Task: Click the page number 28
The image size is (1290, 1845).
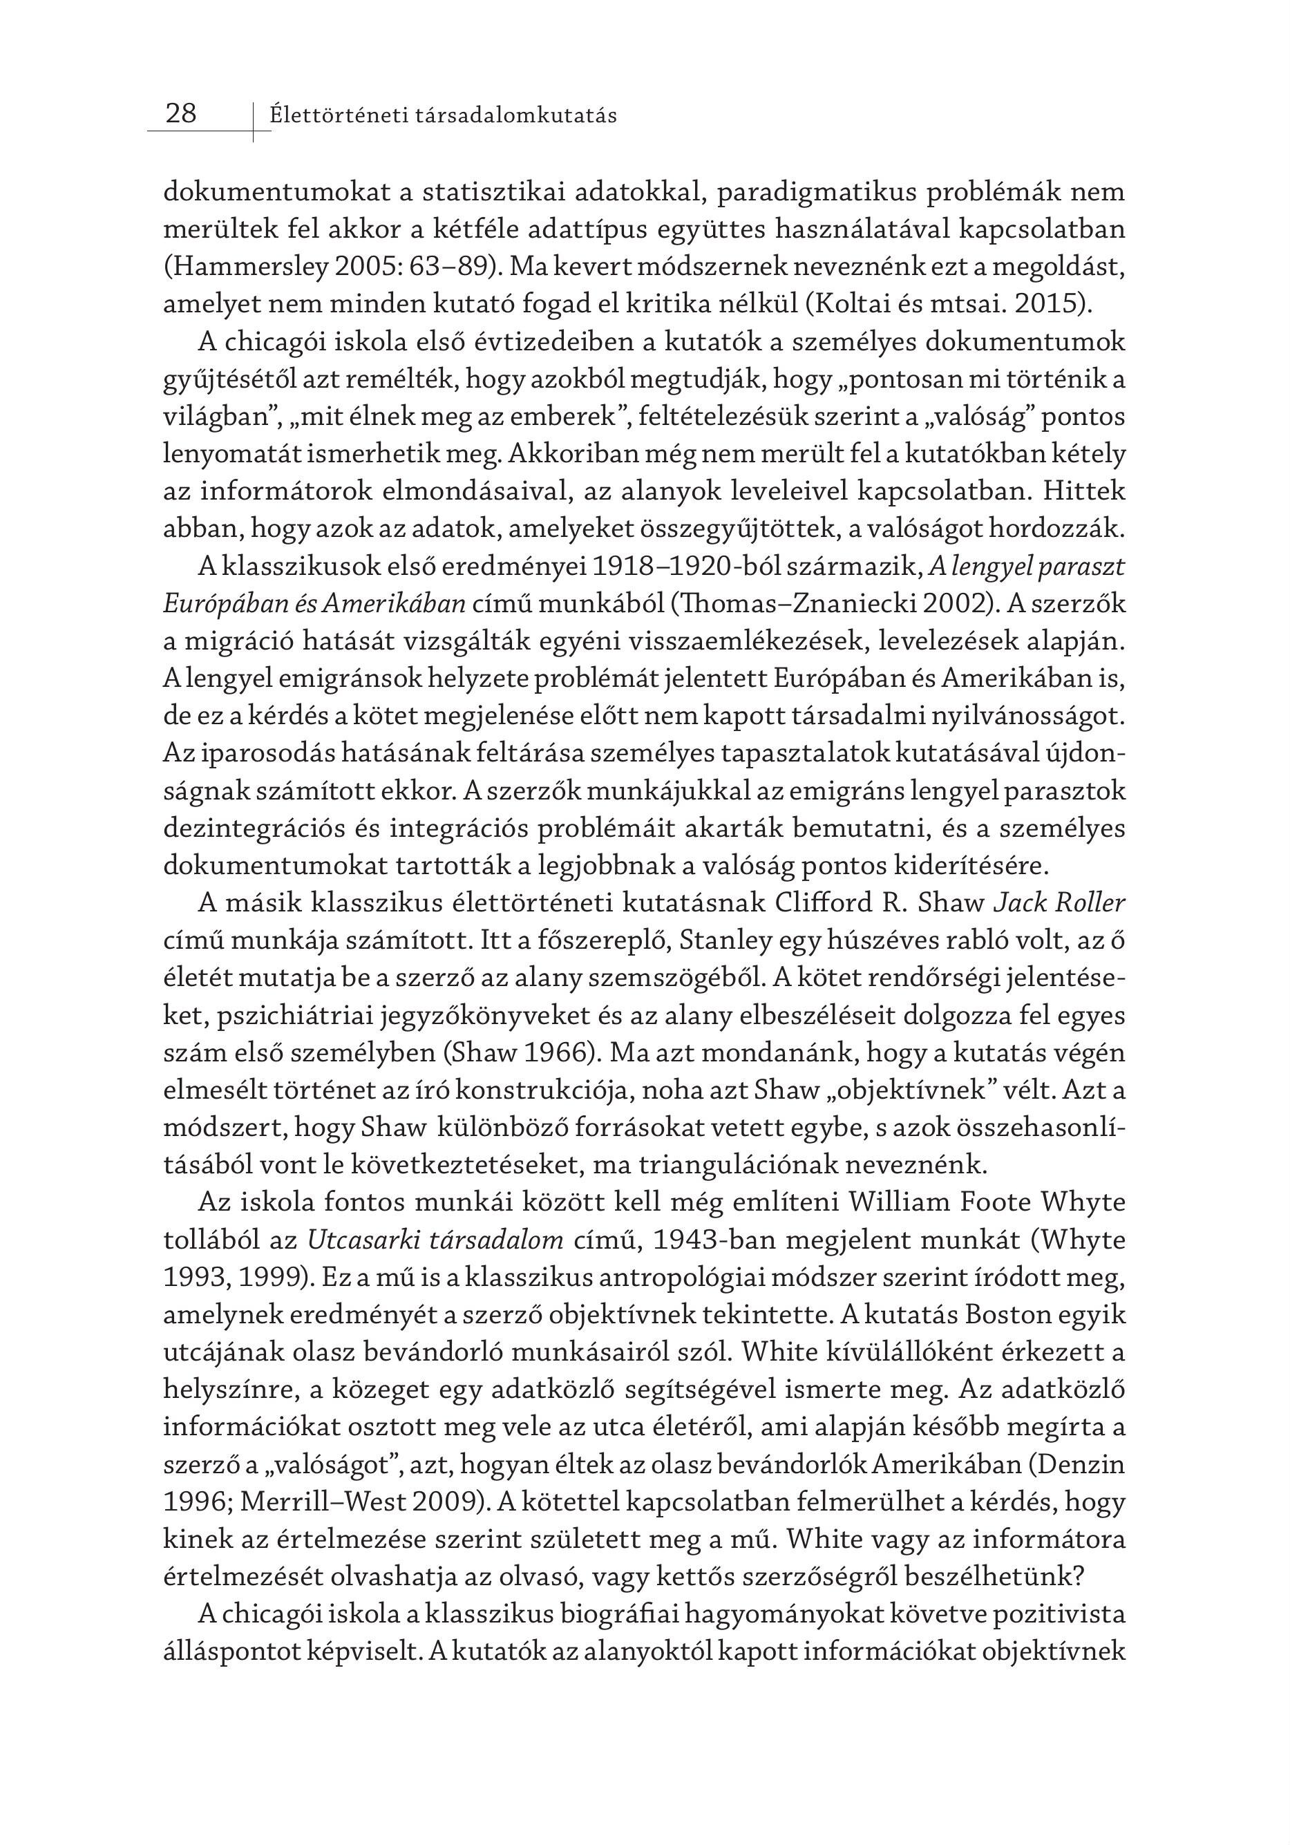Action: [181, 113]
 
